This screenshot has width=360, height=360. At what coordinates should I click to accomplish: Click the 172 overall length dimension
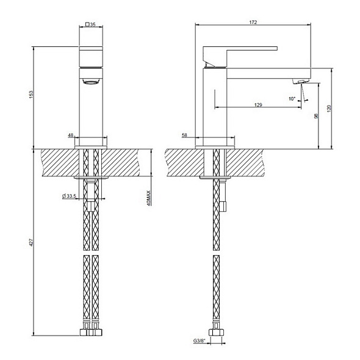tap(253, 23)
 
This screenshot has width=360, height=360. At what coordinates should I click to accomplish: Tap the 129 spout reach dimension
tap(258, 106)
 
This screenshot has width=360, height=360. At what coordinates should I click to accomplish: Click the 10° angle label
tap(292, 98)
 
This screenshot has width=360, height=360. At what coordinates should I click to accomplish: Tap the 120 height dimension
tap(329, 108)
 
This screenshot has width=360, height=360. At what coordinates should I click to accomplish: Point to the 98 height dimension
tap(316, 115)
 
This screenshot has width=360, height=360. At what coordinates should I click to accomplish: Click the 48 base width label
tap(71, 135)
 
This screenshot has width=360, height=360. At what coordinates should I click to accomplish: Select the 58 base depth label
tap(184, 135)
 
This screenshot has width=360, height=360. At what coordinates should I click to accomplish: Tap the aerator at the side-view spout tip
tap(300, 81)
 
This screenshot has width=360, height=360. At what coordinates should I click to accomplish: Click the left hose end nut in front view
tap(86, 334)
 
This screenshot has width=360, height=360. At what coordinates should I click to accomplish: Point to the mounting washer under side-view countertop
tap(215, 178)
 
